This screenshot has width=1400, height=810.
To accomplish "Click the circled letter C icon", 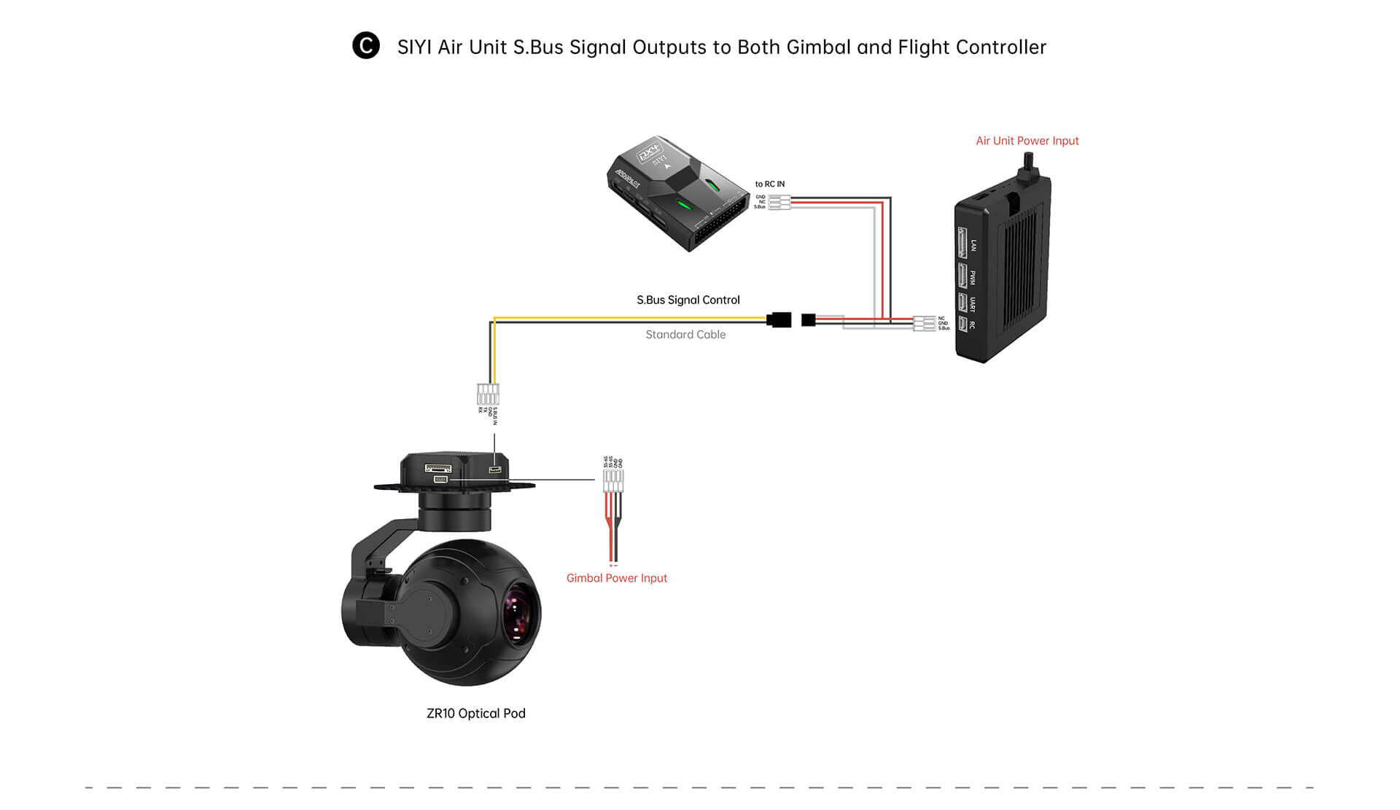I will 366,46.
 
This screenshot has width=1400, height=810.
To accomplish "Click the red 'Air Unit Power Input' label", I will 1027,141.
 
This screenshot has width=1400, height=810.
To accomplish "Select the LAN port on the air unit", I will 962,243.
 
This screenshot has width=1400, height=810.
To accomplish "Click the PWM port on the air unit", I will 962,276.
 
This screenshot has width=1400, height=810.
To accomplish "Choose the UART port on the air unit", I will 962,302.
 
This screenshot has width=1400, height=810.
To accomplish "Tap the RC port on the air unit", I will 962,324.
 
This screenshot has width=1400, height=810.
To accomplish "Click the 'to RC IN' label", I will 770,184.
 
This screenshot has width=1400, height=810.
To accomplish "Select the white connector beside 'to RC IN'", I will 779,202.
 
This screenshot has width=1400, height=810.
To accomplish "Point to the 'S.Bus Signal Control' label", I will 688,300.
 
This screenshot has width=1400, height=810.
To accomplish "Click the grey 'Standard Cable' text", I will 685,335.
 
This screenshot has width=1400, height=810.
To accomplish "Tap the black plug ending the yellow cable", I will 779,319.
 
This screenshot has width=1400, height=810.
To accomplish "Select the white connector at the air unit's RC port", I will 924,323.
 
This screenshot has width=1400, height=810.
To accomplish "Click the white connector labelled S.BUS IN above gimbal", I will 488,394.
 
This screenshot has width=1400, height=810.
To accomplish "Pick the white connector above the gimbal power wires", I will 613,480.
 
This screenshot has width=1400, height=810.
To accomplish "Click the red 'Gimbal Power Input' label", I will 616,578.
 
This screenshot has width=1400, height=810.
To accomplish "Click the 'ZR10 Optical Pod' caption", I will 475,713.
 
